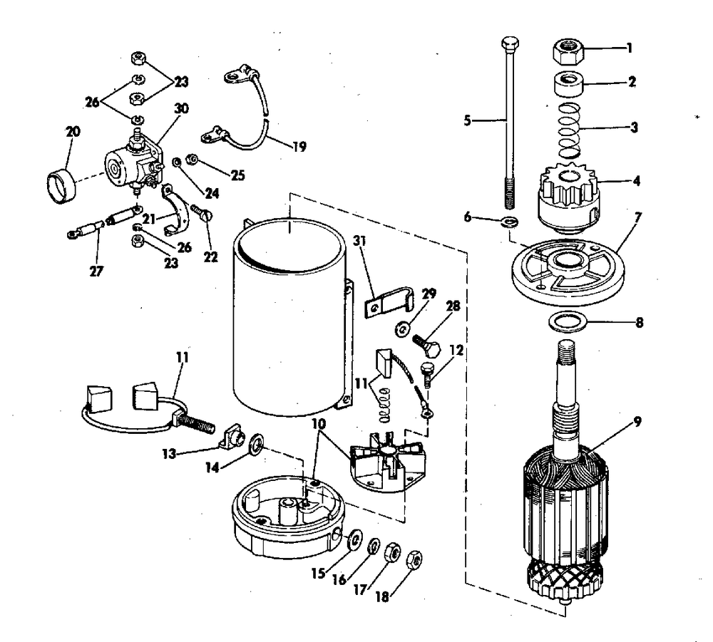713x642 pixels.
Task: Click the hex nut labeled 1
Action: (x=568, y=52)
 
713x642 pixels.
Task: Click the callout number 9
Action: (x=637, y=420)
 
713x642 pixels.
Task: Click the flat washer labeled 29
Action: (x=402, y=327)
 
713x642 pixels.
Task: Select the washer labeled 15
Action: (x=353, y=539)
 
